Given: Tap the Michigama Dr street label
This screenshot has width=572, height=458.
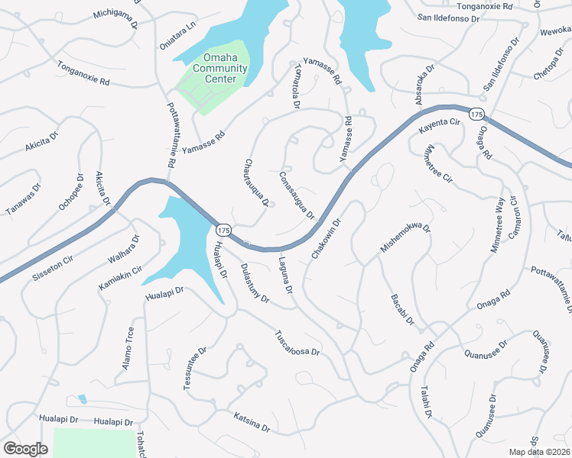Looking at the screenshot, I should [x=115, y=19].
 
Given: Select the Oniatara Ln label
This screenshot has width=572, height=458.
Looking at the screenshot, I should [x=177, y=34].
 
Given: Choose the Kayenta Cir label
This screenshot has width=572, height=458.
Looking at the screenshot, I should [x=439, y=127].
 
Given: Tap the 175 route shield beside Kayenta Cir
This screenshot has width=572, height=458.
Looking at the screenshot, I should [x=476, y=114].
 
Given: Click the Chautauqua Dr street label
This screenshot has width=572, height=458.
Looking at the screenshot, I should [x=256, y=182].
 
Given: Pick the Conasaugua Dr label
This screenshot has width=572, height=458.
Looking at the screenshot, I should [x=297, y=194].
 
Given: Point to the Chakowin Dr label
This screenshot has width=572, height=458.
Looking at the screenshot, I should [x=326, y=237].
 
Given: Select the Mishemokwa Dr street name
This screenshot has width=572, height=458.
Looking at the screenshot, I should [x=406, y=239].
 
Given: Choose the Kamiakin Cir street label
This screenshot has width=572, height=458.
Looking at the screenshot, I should [x=121, y=279].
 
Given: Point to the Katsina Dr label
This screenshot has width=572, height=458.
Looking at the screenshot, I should [x=252, y=423].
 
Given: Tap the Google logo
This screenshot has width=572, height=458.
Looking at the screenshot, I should [x=26, y=449].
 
